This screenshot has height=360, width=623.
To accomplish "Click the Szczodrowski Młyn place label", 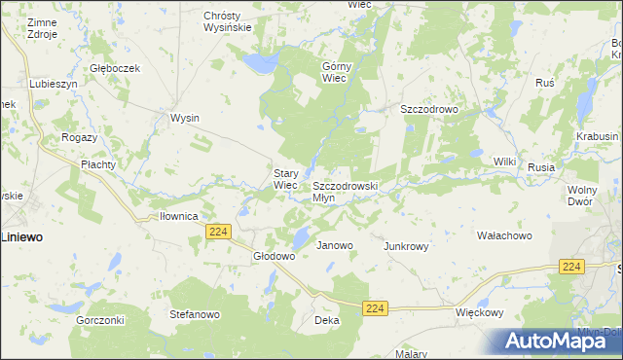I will point(344,191).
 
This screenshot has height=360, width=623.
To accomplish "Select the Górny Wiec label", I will point(335,73).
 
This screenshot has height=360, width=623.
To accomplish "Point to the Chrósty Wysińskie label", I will point(228,22).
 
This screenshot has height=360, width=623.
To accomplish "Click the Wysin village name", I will point(185,118).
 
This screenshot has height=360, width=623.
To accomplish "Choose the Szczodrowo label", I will point(429,110).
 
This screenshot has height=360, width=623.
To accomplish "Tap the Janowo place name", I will point(334,246).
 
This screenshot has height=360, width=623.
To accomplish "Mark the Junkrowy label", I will point(407,246).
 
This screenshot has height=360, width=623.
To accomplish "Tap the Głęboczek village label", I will point(116,68).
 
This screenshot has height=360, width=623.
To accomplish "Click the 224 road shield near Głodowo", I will point(218,231).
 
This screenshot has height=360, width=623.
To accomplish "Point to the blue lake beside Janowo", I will point(303,236).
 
